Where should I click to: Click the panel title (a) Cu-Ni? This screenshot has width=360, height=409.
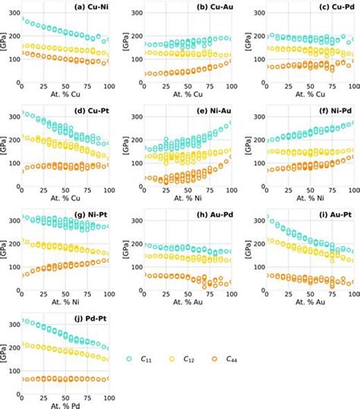click(x=89, y=8)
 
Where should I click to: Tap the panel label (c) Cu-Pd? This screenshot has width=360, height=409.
click(x=333, y=8)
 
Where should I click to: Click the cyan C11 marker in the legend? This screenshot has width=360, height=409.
click(x=131, y=359)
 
